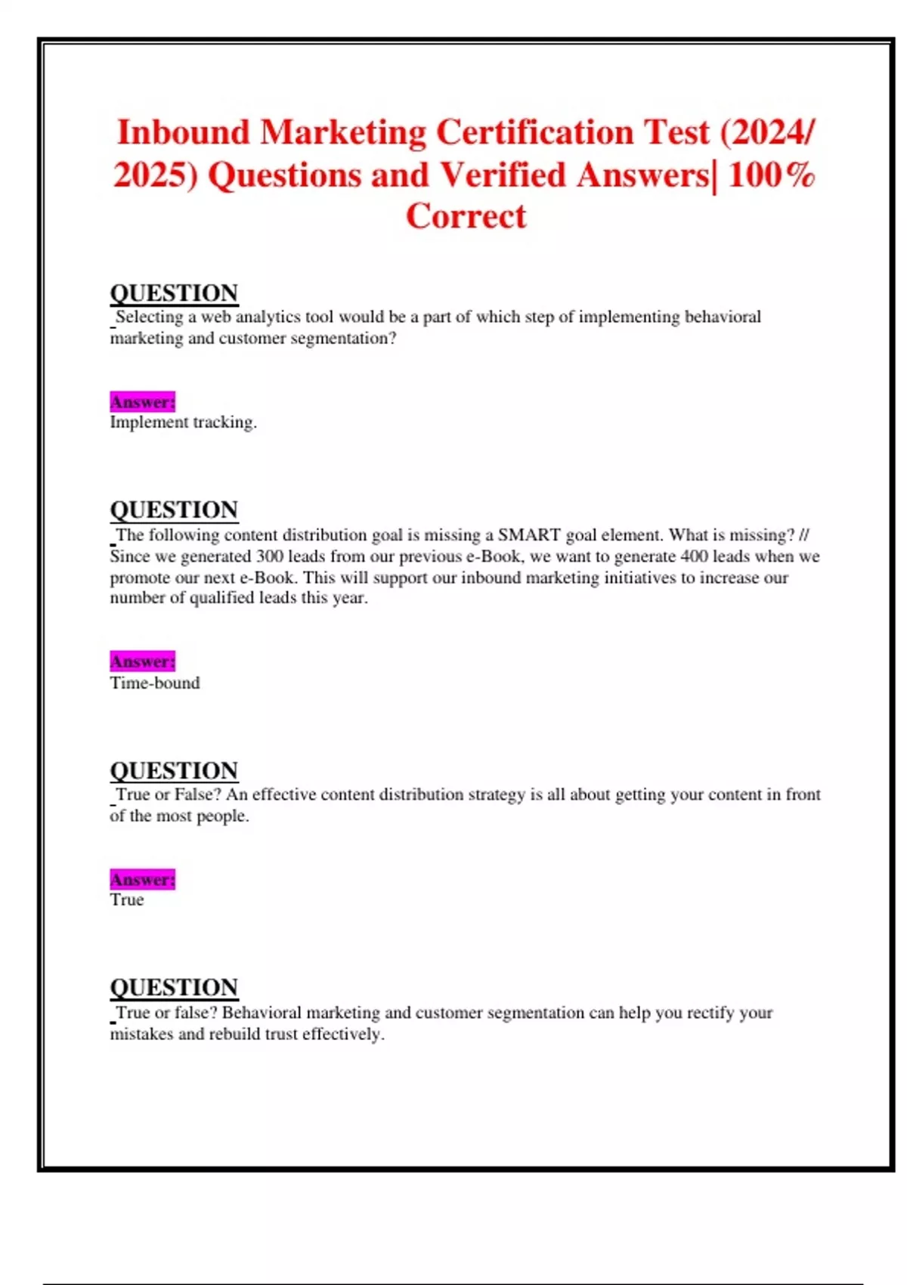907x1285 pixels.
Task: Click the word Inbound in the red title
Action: coord(184,133)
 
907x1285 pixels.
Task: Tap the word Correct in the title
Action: coord(466,217)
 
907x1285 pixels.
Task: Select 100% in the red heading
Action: coord(772,175)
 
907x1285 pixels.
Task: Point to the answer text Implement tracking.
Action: coord(183,423)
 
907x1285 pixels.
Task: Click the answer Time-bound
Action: coord(155,683)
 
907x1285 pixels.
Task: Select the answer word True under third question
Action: coord(126,900)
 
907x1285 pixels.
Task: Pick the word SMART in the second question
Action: coord(529,536)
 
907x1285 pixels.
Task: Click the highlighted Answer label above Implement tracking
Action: coord(142,402)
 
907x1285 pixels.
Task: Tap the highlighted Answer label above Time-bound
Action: coord(142,662)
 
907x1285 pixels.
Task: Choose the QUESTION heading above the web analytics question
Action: coord(174,293)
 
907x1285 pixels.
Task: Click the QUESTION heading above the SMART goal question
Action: coord(174,510)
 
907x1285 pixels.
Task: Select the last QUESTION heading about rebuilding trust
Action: coord(174,988)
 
